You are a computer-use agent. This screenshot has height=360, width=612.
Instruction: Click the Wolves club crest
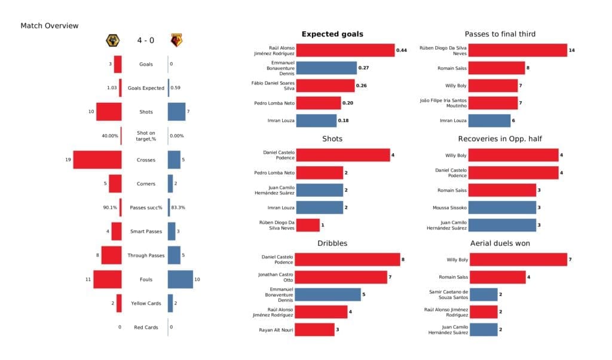(112, 41)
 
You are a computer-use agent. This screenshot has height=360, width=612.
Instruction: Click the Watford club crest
(176, 41)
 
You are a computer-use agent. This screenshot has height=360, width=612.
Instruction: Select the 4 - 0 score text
(144, 41)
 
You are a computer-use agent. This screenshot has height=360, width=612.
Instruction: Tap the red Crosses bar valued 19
(97, 160)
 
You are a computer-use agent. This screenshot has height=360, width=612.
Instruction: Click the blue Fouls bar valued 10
(180, 279)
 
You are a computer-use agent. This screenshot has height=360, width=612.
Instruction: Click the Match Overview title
(50, 26)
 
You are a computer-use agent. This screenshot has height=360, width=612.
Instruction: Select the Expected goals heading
(332, 34)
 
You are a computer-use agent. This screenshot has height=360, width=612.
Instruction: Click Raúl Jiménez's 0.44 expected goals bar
(345, 50)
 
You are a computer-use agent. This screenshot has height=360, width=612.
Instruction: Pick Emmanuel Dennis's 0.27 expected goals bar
(326, 68)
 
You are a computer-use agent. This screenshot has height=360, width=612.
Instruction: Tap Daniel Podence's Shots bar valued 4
(342, 155)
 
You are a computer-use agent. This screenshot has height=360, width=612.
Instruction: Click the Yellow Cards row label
(145, 303)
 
